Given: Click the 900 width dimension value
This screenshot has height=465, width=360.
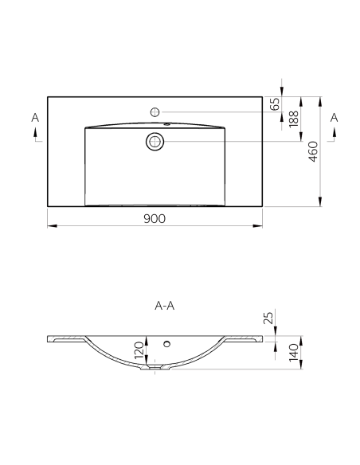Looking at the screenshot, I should (155, 217).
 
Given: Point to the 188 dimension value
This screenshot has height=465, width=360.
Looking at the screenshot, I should (294, 119).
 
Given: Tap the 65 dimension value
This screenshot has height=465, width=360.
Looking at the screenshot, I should (275, 104).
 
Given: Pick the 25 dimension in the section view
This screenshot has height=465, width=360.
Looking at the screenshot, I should (269, 318).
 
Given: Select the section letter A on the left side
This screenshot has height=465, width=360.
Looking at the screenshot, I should (34, 118).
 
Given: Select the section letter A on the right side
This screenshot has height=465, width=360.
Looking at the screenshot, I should (334, 118).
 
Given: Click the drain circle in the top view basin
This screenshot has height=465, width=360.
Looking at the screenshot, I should (155, 142).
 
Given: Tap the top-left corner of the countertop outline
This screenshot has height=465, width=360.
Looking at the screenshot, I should (48, 97).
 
